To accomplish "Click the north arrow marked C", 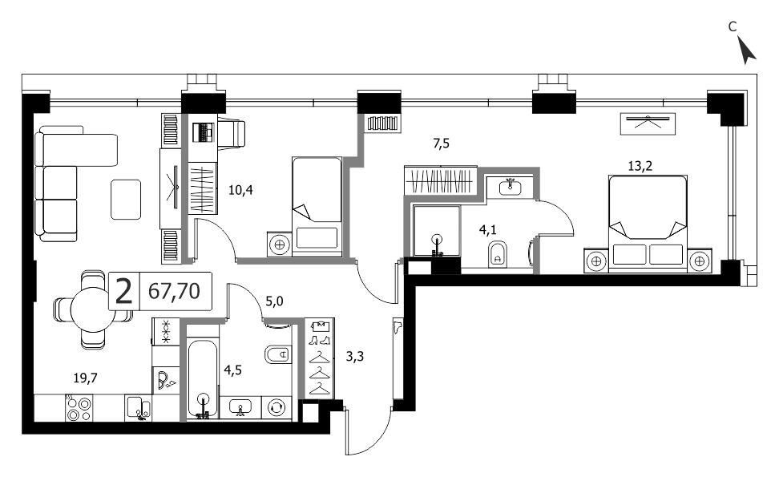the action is [x=746, y=51].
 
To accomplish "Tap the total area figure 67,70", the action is [x=175, y=291].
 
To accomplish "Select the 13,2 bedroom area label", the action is [x=640, y=166].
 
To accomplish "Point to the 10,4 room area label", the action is [x=241, y=190].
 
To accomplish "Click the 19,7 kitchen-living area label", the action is [x=86, y=378].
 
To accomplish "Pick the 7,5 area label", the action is [x=441, y=144].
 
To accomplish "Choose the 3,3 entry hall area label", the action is [x=355, y=356].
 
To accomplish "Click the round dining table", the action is [x=93, y=309].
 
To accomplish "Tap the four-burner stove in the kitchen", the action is [x=79, y=408].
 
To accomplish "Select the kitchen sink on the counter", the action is [x=139, y=408].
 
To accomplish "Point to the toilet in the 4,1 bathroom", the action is [x=498, y=254].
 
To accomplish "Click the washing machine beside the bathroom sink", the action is [x=275, y=408].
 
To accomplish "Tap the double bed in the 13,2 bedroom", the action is [x=648, y=224].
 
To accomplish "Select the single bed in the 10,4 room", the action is [x=317, y=207].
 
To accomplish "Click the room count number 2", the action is [x=123, y=291].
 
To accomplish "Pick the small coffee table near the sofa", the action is [x=126, y=200].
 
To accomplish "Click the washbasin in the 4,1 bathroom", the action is [x=510, y=188].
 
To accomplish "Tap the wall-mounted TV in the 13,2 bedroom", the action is [x=648, y=123].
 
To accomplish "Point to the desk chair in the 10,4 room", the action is [x=231, y=133].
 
